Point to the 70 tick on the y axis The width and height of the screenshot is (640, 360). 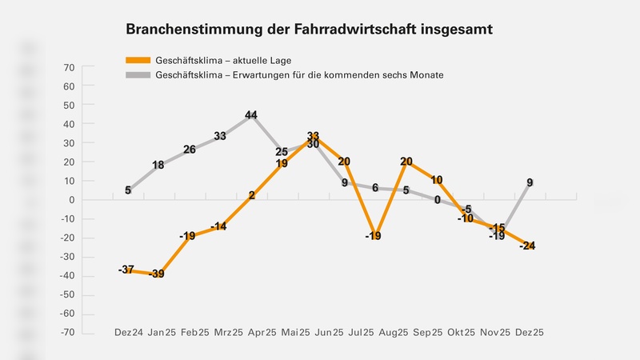(68, 67)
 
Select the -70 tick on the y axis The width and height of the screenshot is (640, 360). (66, 331)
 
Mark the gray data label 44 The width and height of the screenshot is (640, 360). (251, 115)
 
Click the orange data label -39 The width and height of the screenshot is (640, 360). (158, 274)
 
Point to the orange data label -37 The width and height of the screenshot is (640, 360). (126, 270)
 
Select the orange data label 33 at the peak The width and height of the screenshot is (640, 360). (314, 137)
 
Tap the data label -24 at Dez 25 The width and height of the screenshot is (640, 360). (527, 246)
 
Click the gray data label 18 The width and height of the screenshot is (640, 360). (158, 166)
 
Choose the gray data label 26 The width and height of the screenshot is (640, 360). (190, 150)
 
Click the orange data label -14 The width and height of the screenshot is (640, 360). (219, 226)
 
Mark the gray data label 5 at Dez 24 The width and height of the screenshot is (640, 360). (128, 190)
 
